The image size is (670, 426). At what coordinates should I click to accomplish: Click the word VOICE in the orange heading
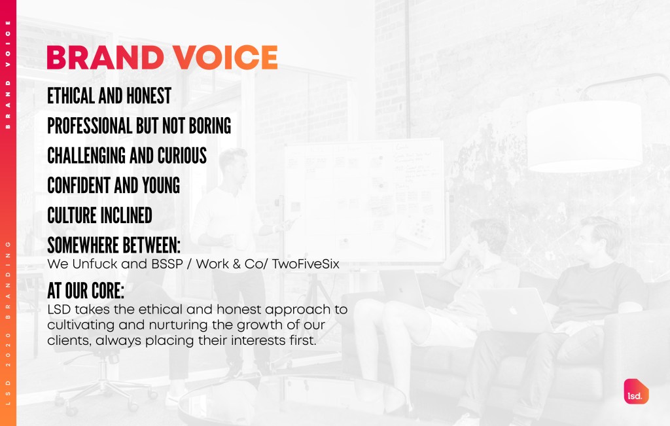(x=225, y=57)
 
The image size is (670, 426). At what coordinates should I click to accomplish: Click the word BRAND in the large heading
(x=105, y=57)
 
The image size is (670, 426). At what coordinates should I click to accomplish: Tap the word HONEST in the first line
(x=149, y=96)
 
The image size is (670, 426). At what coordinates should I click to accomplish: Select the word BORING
(x=210, y=126)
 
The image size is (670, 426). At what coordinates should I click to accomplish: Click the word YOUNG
(x=161, y=185)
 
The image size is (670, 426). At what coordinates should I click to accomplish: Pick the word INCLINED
(x=126, y=215)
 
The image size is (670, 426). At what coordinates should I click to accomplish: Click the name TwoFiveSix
(x=306, y=264)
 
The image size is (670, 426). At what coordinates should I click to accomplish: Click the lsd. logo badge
(x=636, y=391)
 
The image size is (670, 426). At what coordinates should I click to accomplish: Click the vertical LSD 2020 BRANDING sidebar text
(x=8, y=323)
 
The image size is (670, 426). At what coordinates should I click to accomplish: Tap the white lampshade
(x=584, y=137)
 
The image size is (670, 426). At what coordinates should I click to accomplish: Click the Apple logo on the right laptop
(x=514, y=311)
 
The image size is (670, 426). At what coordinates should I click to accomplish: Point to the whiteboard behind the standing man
(x=364, y=201)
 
